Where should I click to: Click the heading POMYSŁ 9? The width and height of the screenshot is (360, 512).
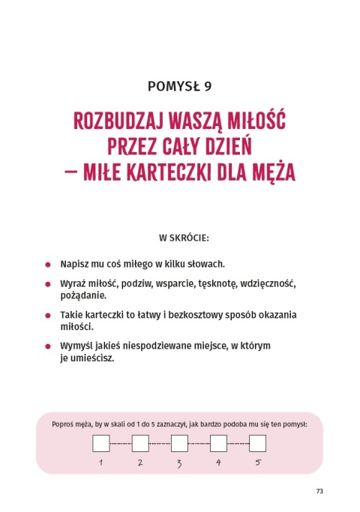click(180, 85)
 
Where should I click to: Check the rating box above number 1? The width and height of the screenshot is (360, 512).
click(100, 443)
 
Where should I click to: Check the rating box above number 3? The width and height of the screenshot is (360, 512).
click(179, 443)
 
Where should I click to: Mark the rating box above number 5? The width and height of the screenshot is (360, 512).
click(257, 443)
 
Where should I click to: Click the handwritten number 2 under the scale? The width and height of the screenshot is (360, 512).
click(140, 463)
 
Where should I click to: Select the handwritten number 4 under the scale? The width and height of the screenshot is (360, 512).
click(218, 463)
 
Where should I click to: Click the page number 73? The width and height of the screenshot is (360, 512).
click(319, 491)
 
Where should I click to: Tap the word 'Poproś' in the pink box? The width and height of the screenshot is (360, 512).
click(65, 424)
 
